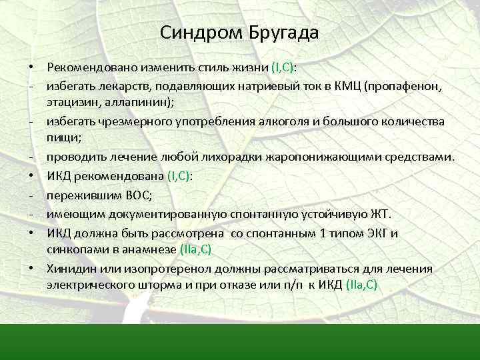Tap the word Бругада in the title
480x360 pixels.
coord(279,33)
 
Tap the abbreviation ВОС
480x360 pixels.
coord(139,196)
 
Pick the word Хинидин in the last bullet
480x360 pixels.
coord(71,268)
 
